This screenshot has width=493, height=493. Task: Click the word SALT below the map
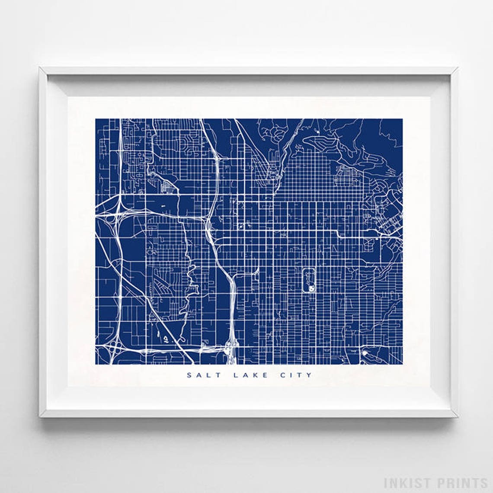[x=203, y=375]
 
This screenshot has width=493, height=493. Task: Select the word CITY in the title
[x=295, y=375]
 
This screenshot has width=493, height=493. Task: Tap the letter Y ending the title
[x=309, y=375]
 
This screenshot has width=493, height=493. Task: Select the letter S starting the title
[x=189, y=375]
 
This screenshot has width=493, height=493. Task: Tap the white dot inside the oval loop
[x=310, y=288]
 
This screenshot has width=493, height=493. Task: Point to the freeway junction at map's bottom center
[x=229, y=346]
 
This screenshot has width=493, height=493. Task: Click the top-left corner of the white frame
[x=40, y=68]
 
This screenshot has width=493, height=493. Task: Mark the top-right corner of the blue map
[x=402, y=119]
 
